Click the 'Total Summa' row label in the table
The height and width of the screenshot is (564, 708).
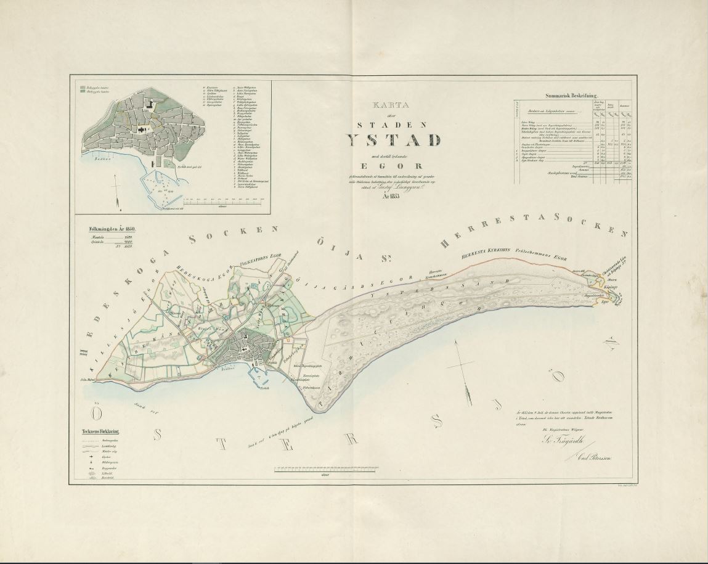tap(596, 176)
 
